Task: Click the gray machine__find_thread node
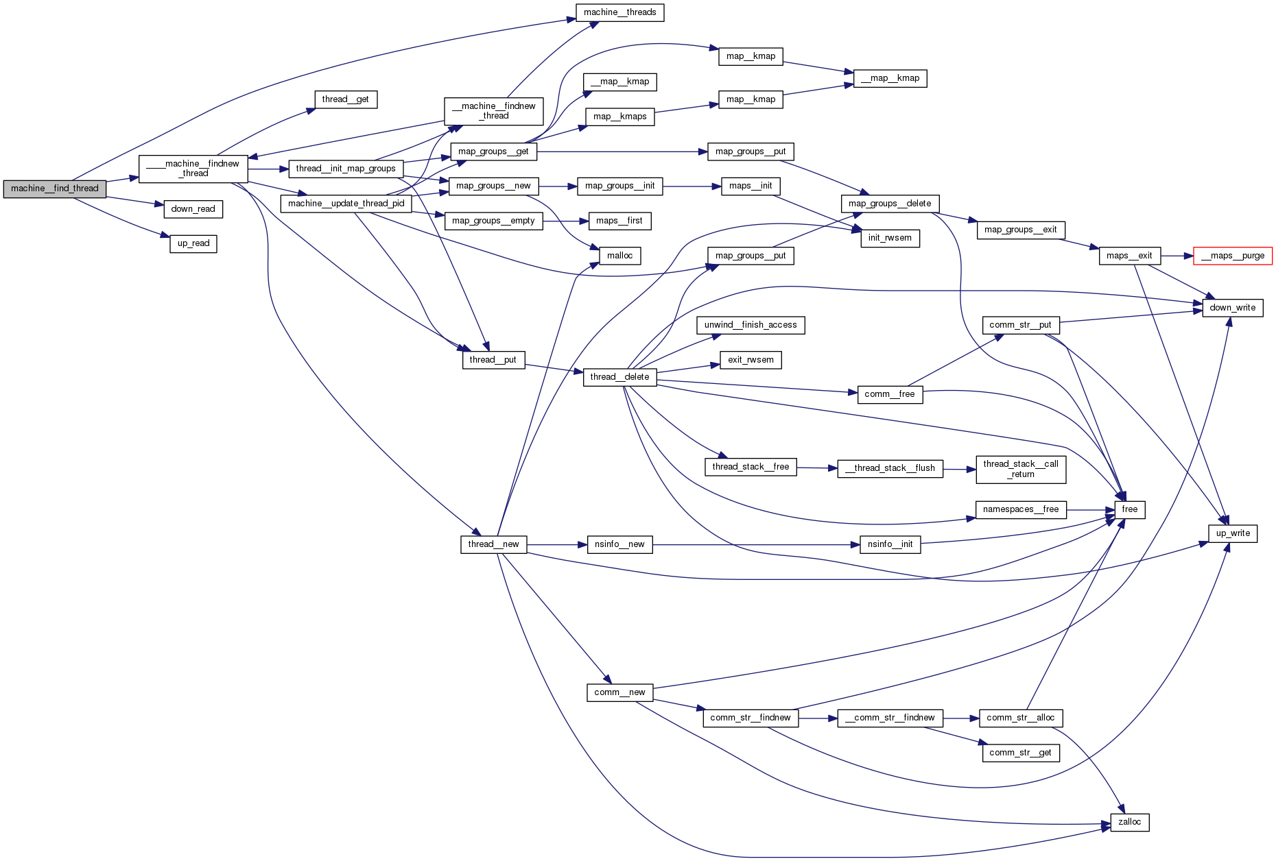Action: pos(55,189)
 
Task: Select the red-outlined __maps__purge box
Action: pos(1233,256)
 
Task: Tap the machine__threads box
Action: pos(619,12)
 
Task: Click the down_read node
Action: pos(193,209)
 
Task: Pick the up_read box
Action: pos(193,243)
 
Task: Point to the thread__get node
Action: pos(346,99)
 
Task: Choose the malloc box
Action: pos(619,256)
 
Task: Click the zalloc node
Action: pos(1129,822)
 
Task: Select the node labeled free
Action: pos(1129,509)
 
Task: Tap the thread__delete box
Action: pos(619,377)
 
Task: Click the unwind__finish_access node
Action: pos(751,325)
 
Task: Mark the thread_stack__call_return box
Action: pos(1020,469)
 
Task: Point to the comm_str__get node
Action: pos(1020,753)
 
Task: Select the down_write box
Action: pos(1232,308)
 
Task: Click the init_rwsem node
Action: pos(890,238)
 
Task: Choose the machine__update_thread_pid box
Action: pos(346,204)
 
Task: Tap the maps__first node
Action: pos(619,221)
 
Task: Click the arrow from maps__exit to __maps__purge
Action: pos(1177,256)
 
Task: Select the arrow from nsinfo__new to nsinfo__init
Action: pos(755,545)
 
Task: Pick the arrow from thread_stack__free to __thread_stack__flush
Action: pos(816,468)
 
